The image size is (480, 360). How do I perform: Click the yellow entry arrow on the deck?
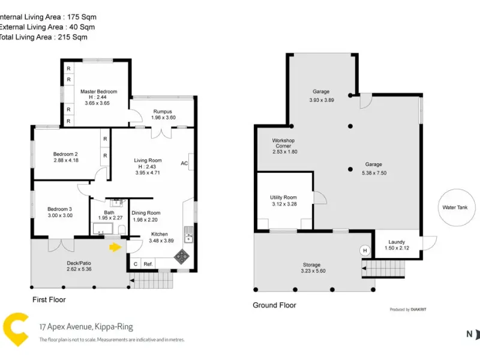coord(115,247)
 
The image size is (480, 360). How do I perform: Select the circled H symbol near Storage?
coord(365,250)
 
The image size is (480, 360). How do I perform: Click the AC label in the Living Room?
coord(184,163)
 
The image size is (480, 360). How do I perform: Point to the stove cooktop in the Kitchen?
coord(182,257)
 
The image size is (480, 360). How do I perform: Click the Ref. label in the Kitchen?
coord(148,264)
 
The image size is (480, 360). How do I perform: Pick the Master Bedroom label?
coord(98,92)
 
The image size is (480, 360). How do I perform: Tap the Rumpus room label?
coord(163,112)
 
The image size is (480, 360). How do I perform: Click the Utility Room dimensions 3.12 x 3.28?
coord(284,204)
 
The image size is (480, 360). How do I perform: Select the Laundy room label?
coord(397,242)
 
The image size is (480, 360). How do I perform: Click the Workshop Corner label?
coord(283,143)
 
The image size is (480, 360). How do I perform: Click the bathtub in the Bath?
coord(103,229)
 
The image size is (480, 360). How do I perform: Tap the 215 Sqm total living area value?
coord(73,37)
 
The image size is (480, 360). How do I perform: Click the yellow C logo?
coord(16,329)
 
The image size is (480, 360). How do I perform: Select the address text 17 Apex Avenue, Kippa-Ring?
coord(86,326)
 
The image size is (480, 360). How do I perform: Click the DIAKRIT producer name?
coord(418,310)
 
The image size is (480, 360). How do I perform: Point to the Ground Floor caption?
coord(274,305)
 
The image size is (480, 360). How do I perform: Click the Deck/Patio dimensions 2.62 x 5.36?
coord(79,269)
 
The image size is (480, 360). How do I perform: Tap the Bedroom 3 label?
coord(59,209)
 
